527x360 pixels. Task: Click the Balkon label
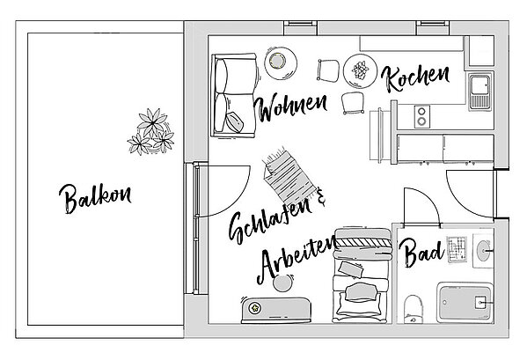click(x=95, y=198)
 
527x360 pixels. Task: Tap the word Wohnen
click(x=290, y=107)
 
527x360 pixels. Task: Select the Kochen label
click(x=415, y=78)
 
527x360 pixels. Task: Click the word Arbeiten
click(x=296, y=259)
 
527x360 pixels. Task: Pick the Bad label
click(x=421, y=253)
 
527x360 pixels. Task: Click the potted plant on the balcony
click(x=151, y=132)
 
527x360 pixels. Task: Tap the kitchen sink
click(x=480, y=92)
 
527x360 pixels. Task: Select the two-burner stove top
click(x=421, y=117)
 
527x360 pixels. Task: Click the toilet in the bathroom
click(x=414, y=309)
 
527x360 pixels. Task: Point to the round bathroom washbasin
click(x=483, y=251)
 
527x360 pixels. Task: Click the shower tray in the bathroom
click(x=465, y=303)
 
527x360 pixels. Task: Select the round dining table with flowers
click(x=361, y=71)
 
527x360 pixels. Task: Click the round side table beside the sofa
click(x=281, y=63)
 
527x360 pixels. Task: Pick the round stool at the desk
click(x=283, y=283)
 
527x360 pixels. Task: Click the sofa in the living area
click(x=234, y=95)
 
